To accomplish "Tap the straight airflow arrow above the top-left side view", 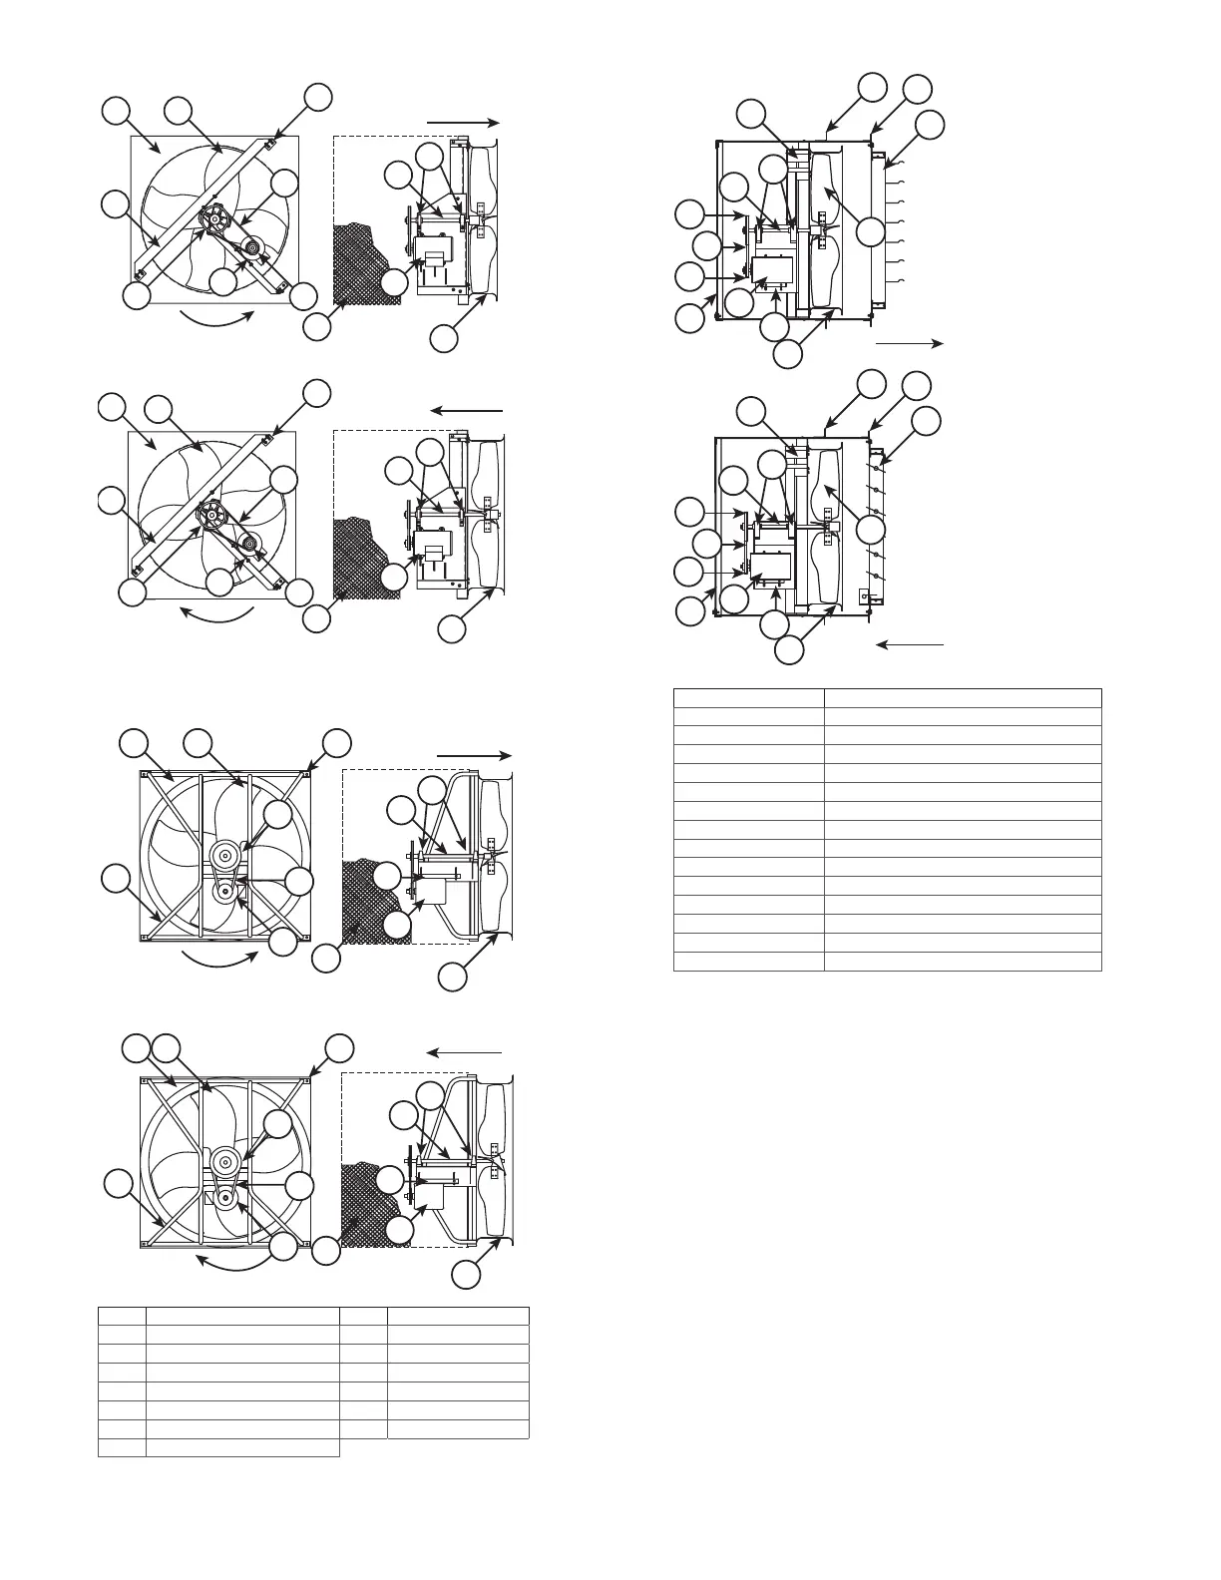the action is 462,121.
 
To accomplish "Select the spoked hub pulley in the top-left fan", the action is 213,217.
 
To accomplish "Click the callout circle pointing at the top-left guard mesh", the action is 317,326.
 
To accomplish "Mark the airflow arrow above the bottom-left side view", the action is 465,1052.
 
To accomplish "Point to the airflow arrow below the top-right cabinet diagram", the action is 909,342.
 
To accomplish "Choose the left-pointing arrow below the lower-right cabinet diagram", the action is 909,645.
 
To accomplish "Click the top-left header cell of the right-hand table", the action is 748,698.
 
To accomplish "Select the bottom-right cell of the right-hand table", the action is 962,962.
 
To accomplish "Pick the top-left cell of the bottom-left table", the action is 122,1316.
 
